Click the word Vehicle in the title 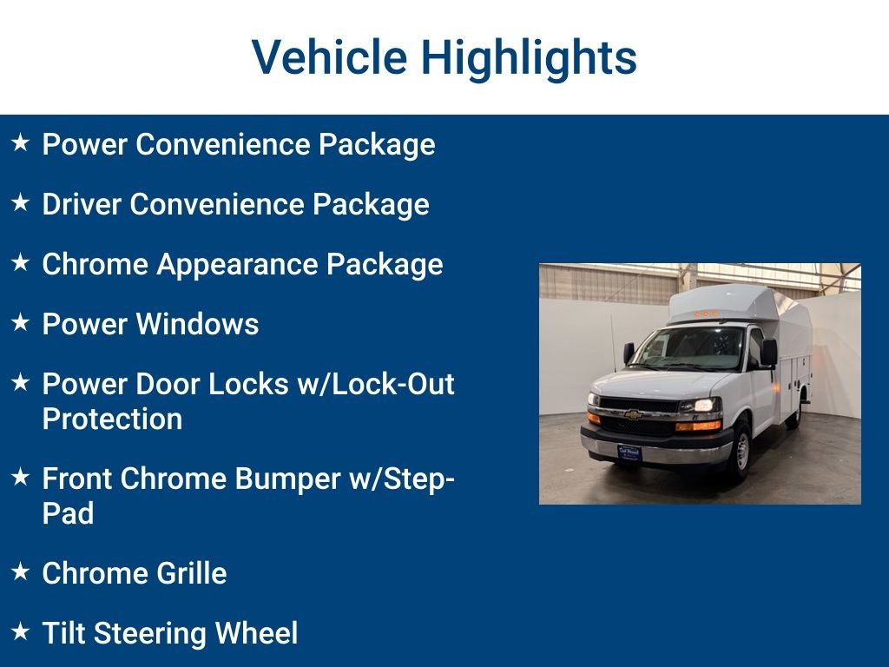pos(329,57)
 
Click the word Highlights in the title pos(530,57)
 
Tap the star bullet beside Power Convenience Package pos(21,142)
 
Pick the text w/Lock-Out pos(376,384)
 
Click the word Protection pos(112,419)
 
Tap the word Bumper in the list pos(293,479)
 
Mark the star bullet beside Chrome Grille pos(21,571)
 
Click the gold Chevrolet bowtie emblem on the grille pos(633,414)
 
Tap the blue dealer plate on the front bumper pos(629,452)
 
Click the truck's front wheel pos(741,449)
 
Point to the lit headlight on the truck pos(701,406)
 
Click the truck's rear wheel pos(794,413)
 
